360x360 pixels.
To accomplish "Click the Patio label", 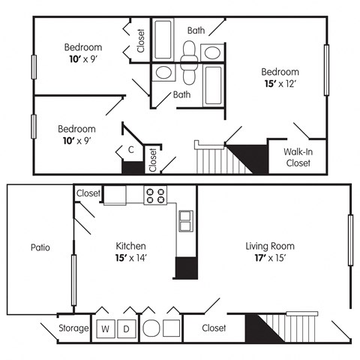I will (x=40, y=247).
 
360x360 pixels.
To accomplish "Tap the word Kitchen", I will (x=130, y=246).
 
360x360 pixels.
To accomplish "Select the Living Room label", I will (x=270, y=246).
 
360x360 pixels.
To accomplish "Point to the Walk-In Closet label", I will (x=298, y=156).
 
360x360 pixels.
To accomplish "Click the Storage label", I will (x=74, y=328).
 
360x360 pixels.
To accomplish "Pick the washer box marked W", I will (x=105, y=328).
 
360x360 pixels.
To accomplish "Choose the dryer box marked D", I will (x=126, y=328).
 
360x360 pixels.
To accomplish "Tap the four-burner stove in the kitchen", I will (x=155, y=195).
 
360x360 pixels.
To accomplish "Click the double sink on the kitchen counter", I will (x=185, y=220).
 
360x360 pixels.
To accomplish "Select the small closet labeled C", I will (x=130, y=150).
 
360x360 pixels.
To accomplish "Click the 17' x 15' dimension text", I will (x=270, y=258).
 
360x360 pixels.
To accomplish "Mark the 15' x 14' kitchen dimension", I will (x=130, y=258).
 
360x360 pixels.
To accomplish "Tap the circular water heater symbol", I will (x=150, y=328).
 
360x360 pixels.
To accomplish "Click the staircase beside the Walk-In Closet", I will (x=214, y=157).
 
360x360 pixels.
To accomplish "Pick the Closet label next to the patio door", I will (x=88, y=193).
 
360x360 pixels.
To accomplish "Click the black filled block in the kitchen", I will (x=185, y=268).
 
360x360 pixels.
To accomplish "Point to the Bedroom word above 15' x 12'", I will (x=280, y=72).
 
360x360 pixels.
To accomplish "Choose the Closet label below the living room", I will (x=214, y=328).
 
